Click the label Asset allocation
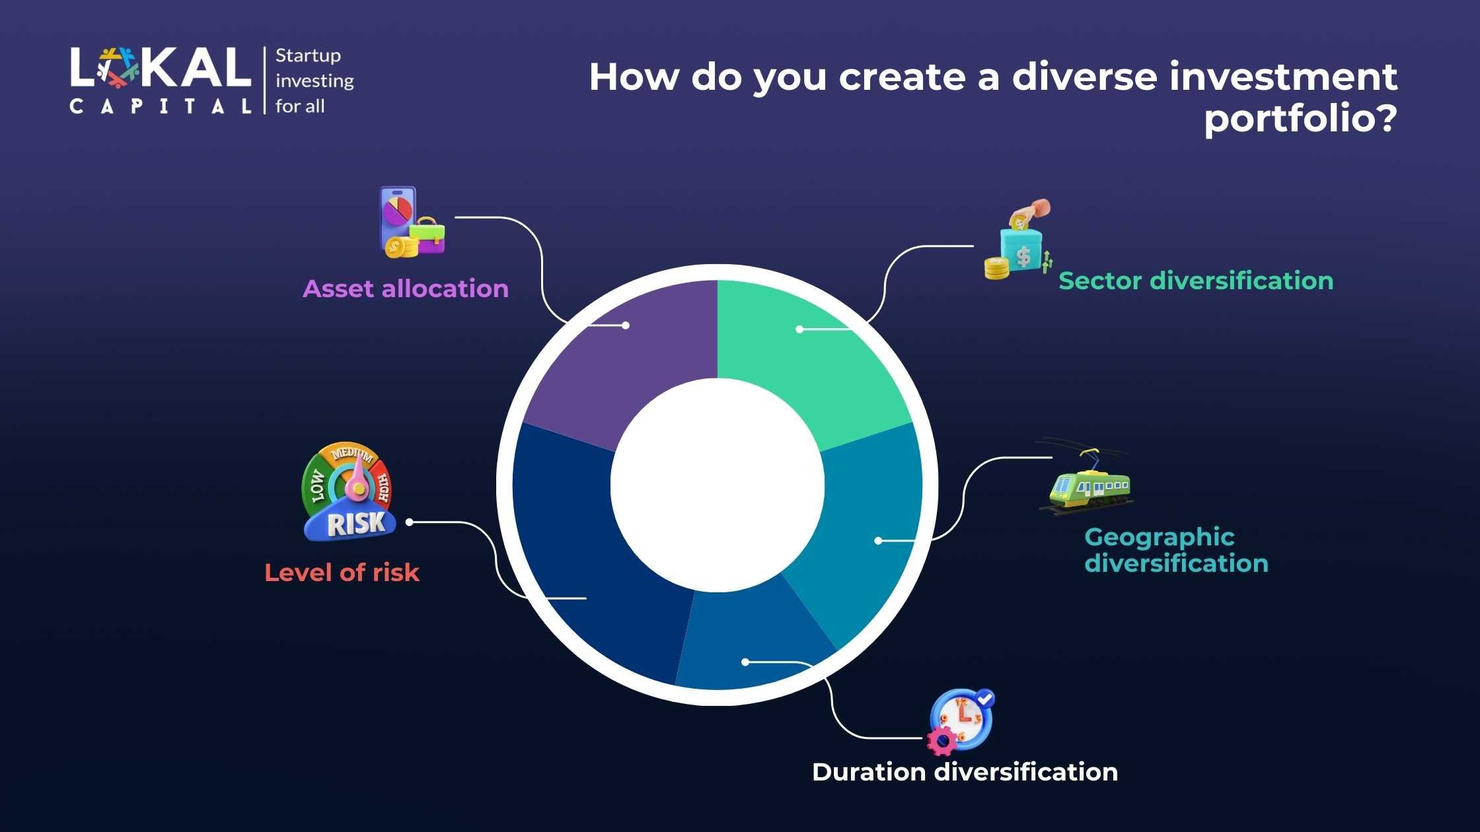406,289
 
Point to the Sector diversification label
1196,281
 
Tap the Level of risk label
342,572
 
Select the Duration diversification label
965,772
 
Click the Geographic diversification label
1176,550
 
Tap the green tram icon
1086,477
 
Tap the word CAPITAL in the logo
161,106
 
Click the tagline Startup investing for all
314,81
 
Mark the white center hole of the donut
718,485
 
